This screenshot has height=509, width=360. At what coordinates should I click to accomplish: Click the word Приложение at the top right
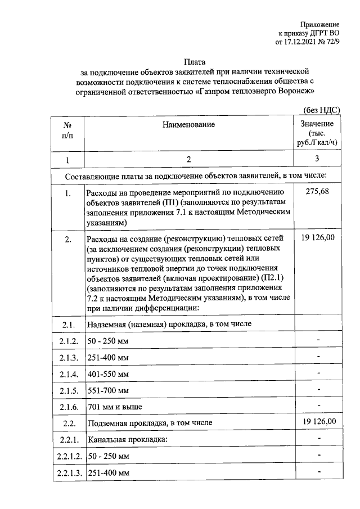(x=319, y=25)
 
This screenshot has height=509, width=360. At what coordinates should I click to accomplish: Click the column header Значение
(x=317, y=124)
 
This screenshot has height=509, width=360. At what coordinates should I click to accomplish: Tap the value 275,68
(x=317, y=192)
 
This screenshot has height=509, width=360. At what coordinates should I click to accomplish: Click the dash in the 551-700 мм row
(x=318, y=389)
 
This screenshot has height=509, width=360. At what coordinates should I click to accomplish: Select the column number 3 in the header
(x=317, y=159)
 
